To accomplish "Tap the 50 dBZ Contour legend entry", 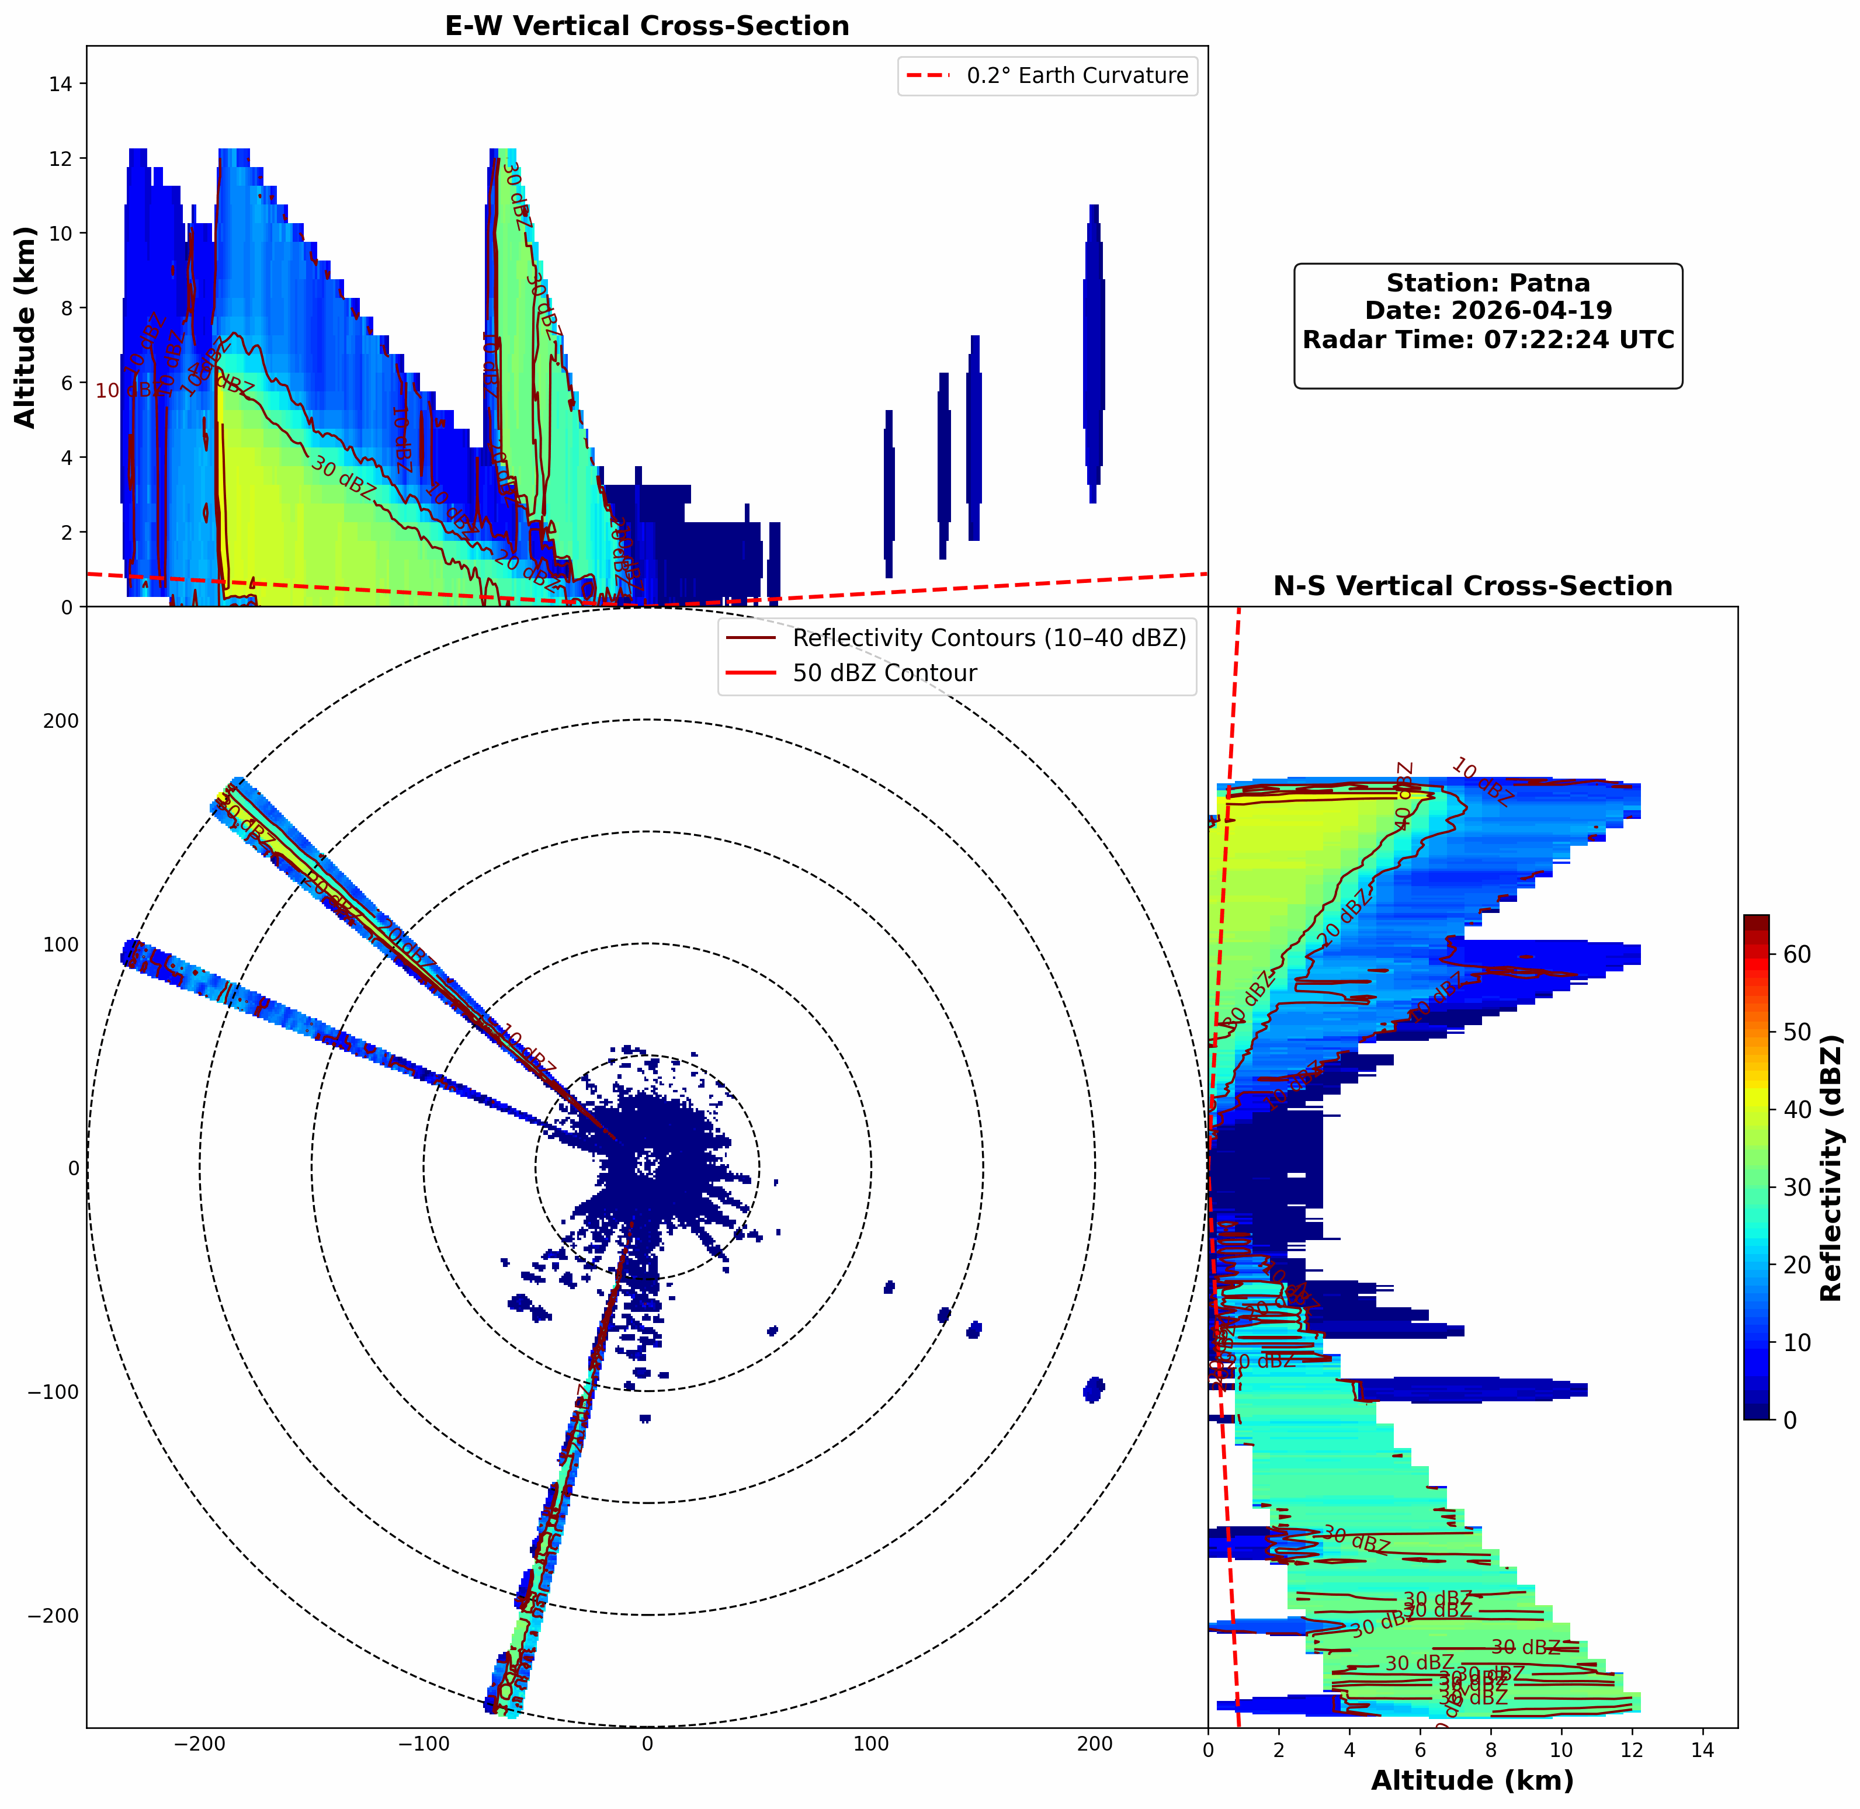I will [x=883, y=673].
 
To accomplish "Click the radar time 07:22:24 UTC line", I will [x=1488, y=339].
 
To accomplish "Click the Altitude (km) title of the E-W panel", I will [x=26, y=327].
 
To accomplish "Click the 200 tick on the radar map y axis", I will [x=61, y=721].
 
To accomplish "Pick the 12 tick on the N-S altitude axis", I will [x=1632, y=1744].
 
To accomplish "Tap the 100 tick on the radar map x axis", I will [x=871, y=1744].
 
